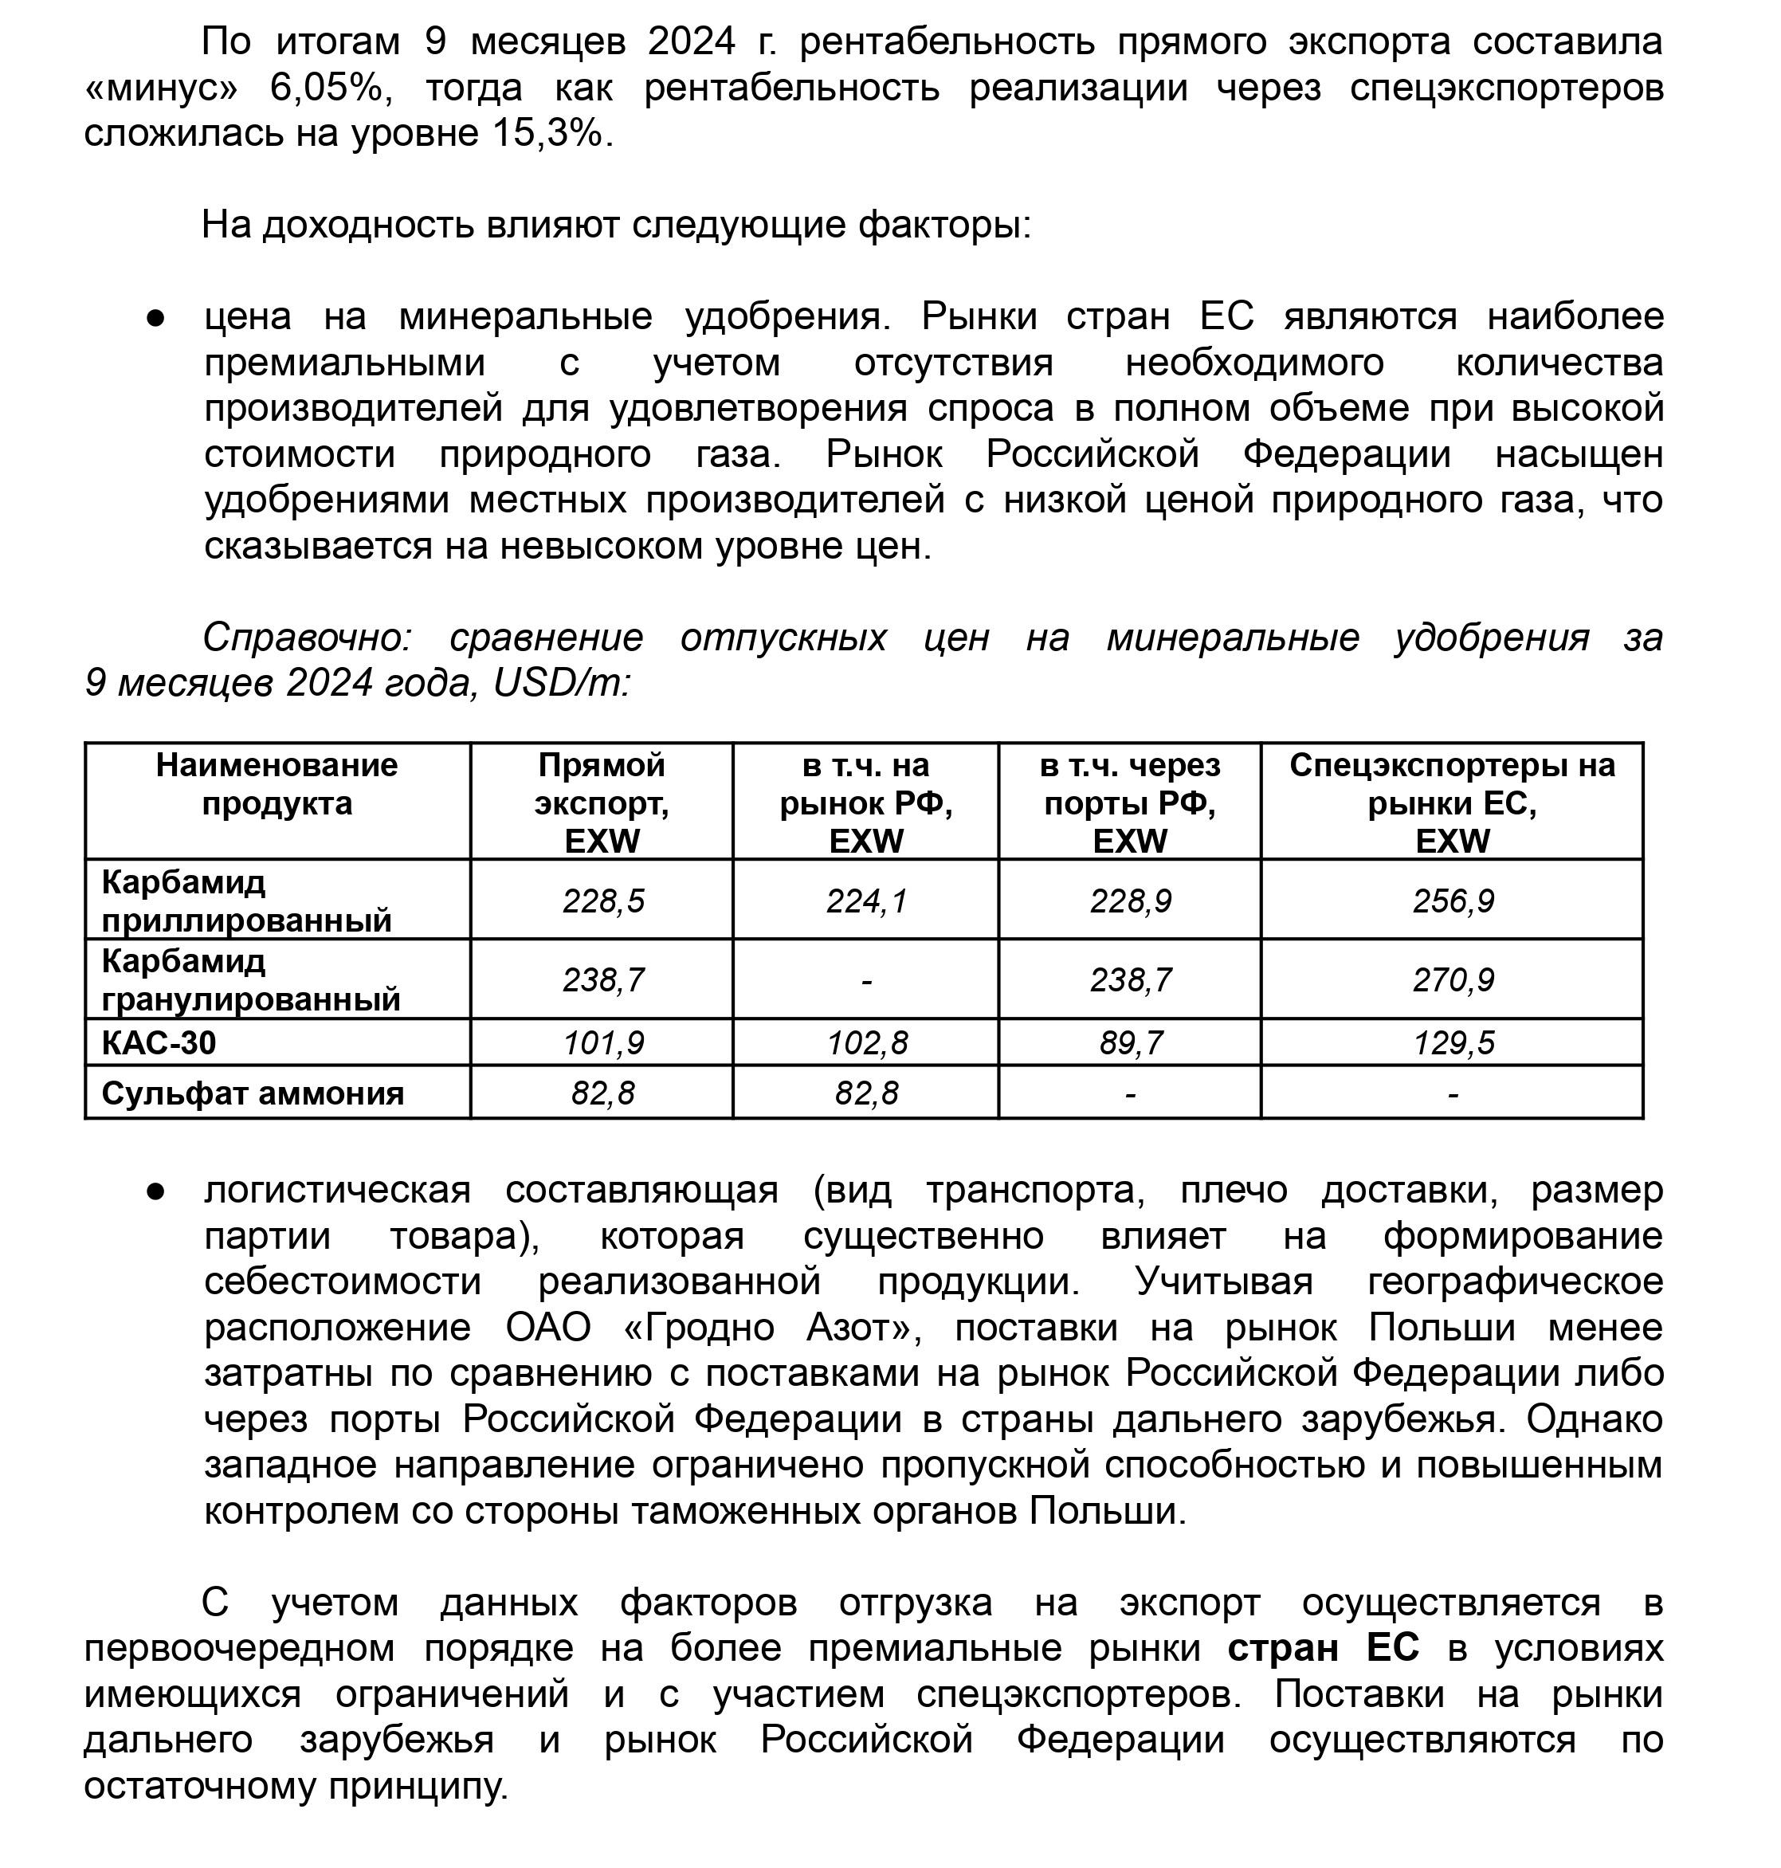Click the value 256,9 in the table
coord(1453,901)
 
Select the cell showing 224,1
coord(866,901)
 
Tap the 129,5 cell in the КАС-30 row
coord(1453,1043)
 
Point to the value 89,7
coord(1130,1043)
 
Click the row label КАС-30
coord(159,1043)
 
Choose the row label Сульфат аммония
coord(253,1093)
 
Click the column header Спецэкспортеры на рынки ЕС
coord(1452,803)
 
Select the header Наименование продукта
coord(277,784)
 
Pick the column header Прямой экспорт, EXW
coord(601,803)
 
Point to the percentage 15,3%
coord(547,133)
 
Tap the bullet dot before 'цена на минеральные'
coord(155,317)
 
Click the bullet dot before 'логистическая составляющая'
coord(155,1191)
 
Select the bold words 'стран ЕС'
coord(1323,1648)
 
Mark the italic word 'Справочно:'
coord(306,637)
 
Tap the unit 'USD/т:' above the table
coord(561,682)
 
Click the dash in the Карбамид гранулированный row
coord(866,979)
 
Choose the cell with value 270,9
coord(1453,979)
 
